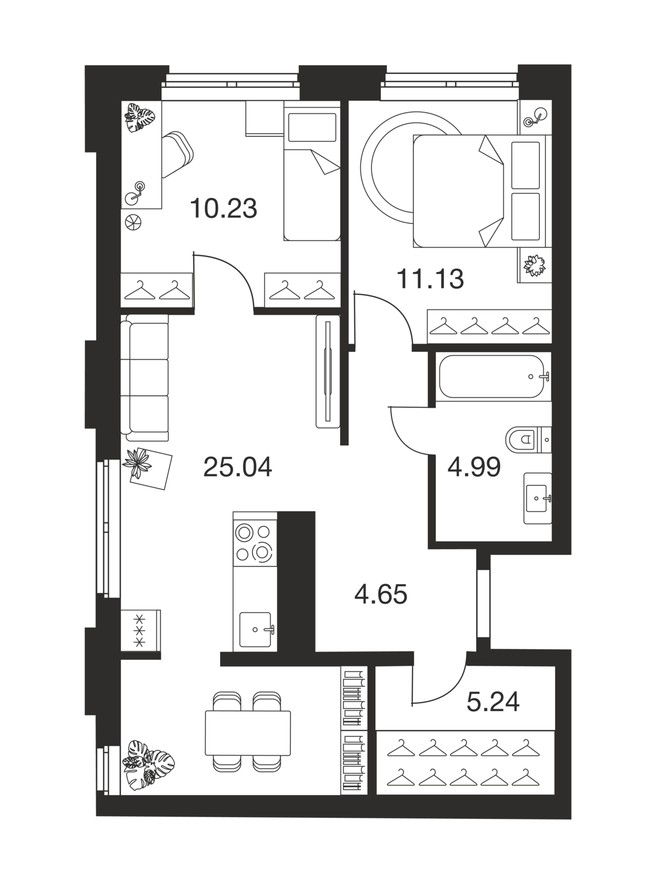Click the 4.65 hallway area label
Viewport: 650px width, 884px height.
click(x=381, y=594)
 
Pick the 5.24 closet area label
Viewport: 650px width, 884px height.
click(x=493, y=702)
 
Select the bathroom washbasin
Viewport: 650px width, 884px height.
click(x=537, y=498)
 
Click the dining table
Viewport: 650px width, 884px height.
click(x=248, y=733)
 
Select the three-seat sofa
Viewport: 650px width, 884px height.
click(x=144, y=378)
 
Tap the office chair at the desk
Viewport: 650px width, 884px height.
click(x=177, y=154)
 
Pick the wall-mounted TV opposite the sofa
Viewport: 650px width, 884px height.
click(x=328, y=371)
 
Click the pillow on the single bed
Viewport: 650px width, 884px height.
click(x=312, y=127)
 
